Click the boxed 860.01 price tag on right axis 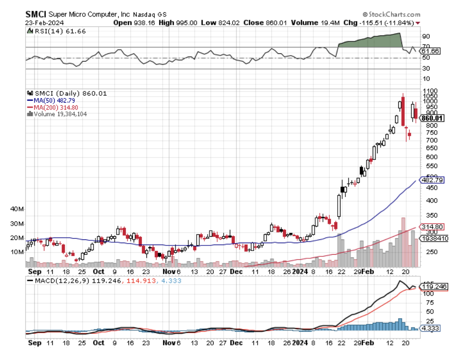click(x=433, y=118)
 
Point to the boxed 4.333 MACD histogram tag click(x=429, y=328)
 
